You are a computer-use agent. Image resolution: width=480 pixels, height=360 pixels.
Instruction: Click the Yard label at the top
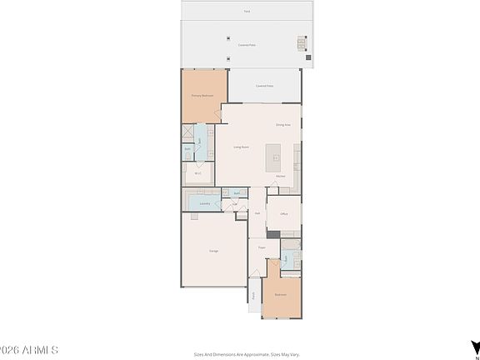point(247,11)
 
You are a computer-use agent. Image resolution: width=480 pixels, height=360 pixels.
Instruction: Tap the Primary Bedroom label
point(202,96)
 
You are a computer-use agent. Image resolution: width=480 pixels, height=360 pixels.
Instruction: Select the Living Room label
point(242,147)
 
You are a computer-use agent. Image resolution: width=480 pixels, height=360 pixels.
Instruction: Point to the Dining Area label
point(282,124)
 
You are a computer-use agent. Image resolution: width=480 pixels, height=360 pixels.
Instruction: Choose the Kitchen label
point(281,176)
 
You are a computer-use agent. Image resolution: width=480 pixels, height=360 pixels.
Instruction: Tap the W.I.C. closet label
point(198,173)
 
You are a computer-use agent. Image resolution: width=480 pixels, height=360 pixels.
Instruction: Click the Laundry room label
point(204,203)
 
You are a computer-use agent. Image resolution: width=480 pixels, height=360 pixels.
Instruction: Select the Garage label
point(214,250)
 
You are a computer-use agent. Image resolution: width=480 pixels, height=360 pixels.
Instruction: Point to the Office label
point(283,214)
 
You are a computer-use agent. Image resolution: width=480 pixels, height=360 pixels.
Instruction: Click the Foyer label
point(261,247)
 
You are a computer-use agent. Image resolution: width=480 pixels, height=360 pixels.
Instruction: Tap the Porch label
point(253,296)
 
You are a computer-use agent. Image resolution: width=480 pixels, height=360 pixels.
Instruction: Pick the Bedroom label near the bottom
point(280,294)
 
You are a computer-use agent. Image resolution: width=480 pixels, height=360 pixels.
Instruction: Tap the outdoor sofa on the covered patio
point(302,43)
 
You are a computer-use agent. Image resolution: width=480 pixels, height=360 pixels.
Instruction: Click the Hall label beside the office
point(258,212)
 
